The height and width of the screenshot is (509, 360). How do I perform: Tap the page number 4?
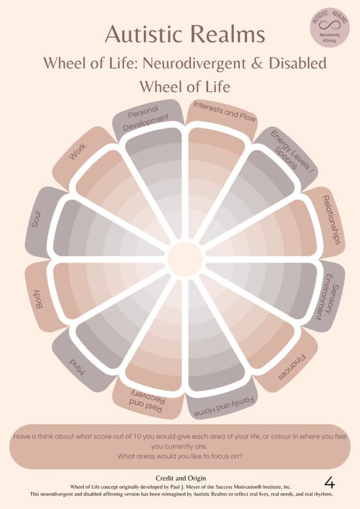[329, 482]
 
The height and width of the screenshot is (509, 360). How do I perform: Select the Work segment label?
[78, 151]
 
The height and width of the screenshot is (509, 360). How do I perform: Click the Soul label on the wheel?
[36, 219]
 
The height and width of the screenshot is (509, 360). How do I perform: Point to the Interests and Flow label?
[224, 112]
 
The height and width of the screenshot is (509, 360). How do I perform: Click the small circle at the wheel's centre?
[184, 258]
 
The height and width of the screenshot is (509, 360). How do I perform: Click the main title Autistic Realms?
[184, 35]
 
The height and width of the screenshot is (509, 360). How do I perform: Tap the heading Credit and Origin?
[180, 478]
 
